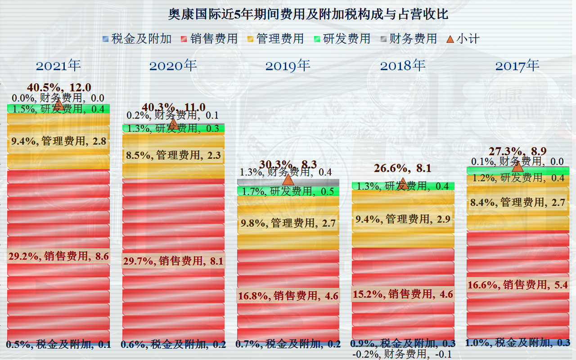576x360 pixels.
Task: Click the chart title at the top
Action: [x=308, y=14]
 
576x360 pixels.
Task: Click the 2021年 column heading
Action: [x=58, y=66]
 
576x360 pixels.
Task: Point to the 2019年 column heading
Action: [x=288, y=66]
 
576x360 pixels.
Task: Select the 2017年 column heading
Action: [x=517, y=66]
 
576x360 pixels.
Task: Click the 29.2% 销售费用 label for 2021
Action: [x=58, y=256]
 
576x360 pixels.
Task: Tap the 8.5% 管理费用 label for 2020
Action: [x=173, y=156]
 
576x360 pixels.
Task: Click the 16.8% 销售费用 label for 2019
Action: [x=288, y=296]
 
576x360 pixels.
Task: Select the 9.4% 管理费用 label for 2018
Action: [x=403, y=220]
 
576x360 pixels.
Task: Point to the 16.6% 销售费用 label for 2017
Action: [x=517, y=285]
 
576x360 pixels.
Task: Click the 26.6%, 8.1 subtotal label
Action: [x=403, y=169]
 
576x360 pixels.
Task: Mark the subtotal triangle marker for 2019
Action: [x=288, y=180]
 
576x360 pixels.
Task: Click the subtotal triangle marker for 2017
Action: [x=517, y=166]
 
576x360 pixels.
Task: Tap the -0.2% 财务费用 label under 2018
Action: [x=402, y=354]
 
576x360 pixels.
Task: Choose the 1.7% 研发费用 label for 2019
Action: [x=288, y=191]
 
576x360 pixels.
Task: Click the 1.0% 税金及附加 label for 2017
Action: [x=517, y=343]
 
